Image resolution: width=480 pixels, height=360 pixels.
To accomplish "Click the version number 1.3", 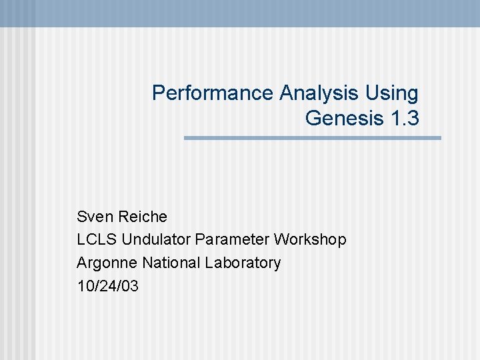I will click(x=404, y=118).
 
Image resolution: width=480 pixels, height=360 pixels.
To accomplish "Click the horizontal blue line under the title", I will click(x=312, y=138).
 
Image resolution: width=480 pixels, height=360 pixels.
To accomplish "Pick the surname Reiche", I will click(x=143, y=217).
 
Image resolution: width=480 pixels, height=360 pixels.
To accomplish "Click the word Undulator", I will click(x=156, y=239).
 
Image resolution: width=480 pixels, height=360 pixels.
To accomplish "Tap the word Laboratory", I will click(x=243, y=263).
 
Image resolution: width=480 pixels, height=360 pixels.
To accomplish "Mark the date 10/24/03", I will click(x=108, y=286).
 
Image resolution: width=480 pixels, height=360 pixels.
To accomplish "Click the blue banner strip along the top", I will click(x=240, y=12).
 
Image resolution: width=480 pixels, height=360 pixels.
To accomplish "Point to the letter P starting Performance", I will click(x=158, y=93).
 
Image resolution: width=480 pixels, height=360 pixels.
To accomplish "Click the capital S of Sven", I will click(x=82, y=217).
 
